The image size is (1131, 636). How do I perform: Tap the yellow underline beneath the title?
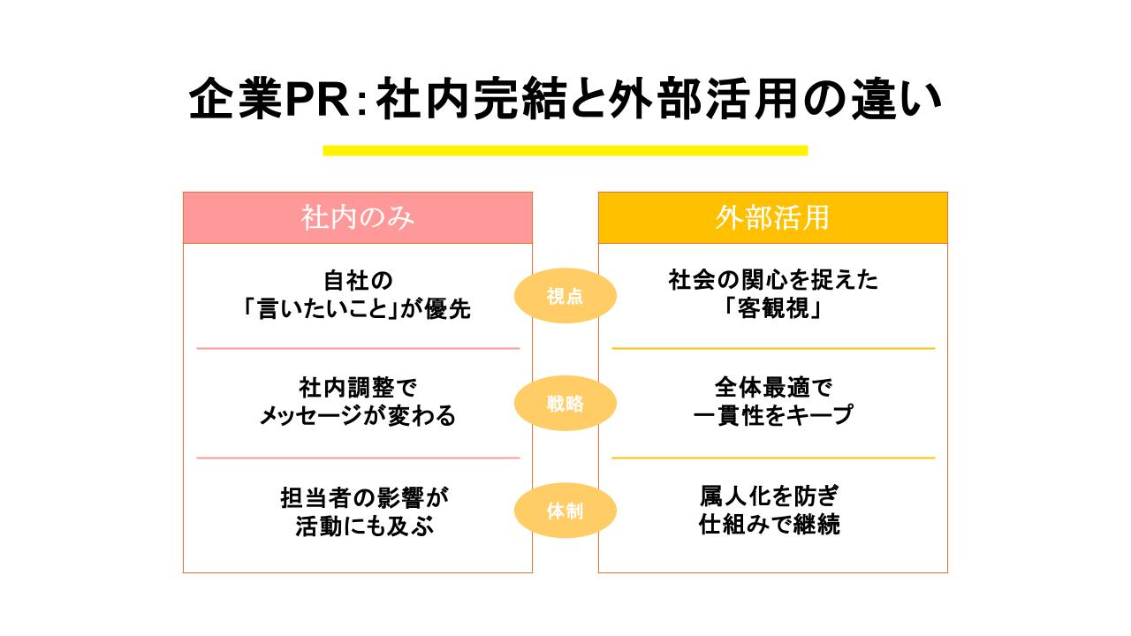565,150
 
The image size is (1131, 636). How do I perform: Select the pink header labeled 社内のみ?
358,218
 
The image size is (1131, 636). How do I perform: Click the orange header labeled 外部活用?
772,218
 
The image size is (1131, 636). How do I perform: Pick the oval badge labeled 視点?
565,296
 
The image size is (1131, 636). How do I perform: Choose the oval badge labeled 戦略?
565,404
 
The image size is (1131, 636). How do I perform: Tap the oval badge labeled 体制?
565,511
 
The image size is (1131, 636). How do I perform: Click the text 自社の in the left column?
358,282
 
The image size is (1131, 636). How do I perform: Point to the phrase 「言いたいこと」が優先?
358,309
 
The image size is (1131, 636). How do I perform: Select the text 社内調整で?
358,388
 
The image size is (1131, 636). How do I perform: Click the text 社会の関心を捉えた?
773,282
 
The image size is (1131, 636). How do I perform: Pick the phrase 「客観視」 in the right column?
773,309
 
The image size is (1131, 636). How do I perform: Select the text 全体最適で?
773,388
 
